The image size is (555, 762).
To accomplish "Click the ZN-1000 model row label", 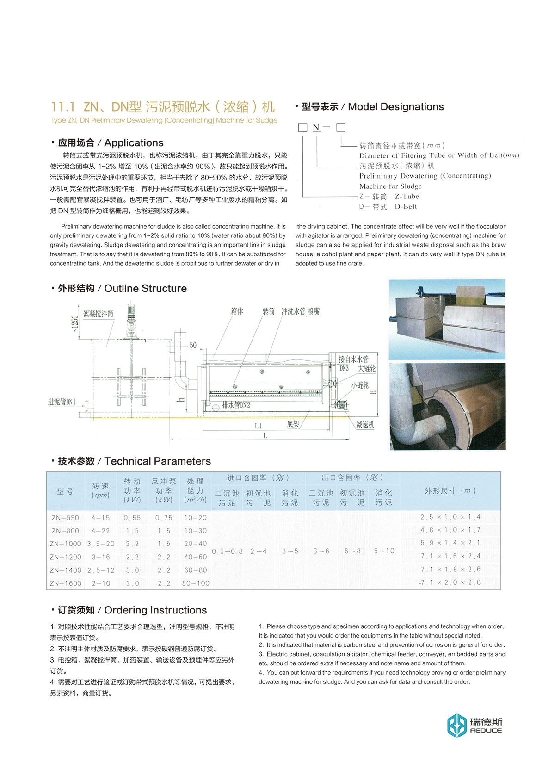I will tap(66, 544).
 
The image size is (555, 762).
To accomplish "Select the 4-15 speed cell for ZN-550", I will tap(100, 518).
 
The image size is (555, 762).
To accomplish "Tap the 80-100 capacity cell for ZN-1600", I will tap(196, 583).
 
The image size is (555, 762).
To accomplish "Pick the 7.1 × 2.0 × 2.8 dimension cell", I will tap(450, 582).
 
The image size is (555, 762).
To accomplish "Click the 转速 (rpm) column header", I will tap(100, 490).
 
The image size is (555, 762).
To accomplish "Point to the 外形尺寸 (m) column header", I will tap(450, 490).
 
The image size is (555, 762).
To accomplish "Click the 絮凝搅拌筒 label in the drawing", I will tap(98, 314).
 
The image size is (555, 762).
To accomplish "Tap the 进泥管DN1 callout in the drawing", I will tap(62, 402).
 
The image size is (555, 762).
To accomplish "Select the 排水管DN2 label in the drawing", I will tap(236, 405).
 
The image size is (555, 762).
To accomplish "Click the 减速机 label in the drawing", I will tap(365, 425).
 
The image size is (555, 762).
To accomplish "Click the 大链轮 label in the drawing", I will tap(366, 368).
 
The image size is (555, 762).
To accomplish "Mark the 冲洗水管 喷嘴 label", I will tap(301, 311).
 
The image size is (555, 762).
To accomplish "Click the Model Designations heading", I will tap(372, 107).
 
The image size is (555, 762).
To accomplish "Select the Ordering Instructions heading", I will tap(132, 610).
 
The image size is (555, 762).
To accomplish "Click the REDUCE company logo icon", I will tap(456, 725).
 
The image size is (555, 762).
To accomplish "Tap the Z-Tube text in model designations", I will tap(407, 196).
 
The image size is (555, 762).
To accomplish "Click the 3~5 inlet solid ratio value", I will tap(290, 551).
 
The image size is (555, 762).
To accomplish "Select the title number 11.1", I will tap(63, 107).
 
